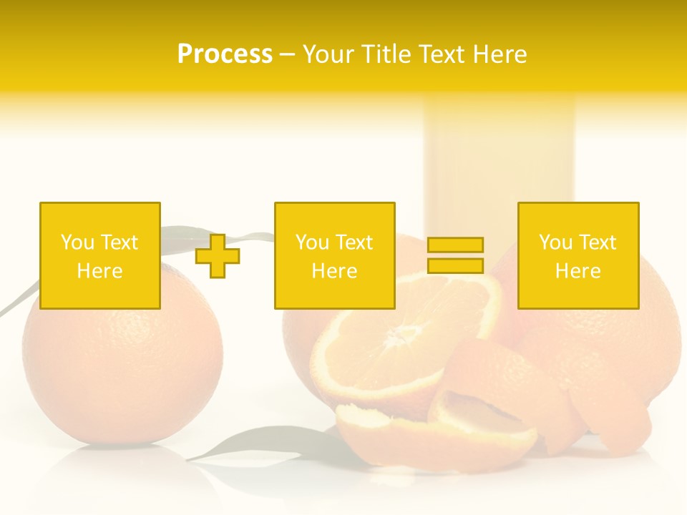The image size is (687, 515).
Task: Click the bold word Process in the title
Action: click(225, 54)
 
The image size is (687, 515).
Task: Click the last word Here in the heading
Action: click(499, 54)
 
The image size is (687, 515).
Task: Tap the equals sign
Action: click(455, 255)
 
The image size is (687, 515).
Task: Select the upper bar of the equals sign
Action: click(455, 245)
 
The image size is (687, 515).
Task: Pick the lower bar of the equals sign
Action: click(455, 265)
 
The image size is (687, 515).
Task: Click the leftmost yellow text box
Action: click(100, 215)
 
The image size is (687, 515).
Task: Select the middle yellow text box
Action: click(335, 215)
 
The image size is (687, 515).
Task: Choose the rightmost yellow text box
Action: click(578, 215)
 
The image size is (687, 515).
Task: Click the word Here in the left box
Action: click(100, 271)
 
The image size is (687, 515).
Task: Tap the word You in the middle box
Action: click(312, 242)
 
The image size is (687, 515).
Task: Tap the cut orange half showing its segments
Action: click(401, 343)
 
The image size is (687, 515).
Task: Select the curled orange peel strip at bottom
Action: click(437, 429)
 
